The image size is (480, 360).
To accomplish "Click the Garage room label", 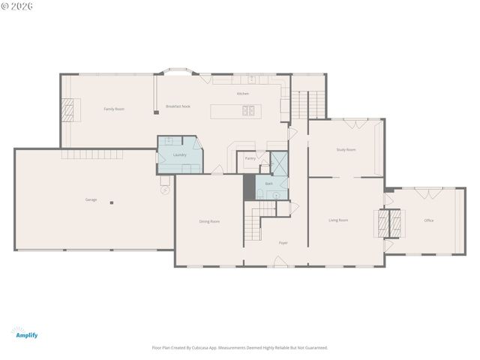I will (91, 199).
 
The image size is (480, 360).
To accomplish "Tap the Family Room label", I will (114, 109).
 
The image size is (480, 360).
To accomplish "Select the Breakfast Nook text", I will (178, 106).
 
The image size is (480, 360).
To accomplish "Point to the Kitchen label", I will (243, 94).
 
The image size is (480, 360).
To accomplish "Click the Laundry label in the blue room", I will (179, 154).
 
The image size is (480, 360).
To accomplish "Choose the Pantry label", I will (250, 158).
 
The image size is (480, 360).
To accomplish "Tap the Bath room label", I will (268, 183).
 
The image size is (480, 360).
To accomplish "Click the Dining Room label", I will (209, 221).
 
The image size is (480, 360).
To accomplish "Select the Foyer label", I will (283, 242).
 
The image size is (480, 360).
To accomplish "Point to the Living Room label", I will (338, 220).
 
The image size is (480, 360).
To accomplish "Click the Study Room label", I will (346, 149).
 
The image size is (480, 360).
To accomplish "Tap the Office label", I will (429, 220).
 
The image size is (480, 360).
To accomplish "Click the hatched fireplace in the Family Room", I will (68, 110).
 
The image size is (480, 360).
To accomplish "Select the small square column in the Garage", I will (112, 202).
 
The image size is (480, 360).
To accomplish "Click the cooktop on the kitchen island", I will (248, 112).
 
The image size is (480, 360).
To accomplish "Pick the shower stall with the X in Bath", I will (278, 164).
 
